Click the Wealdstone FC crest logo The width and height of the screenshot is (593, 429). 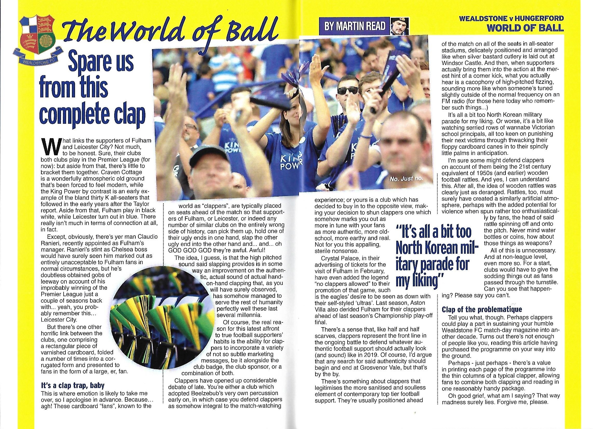(x=37, y=42)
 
